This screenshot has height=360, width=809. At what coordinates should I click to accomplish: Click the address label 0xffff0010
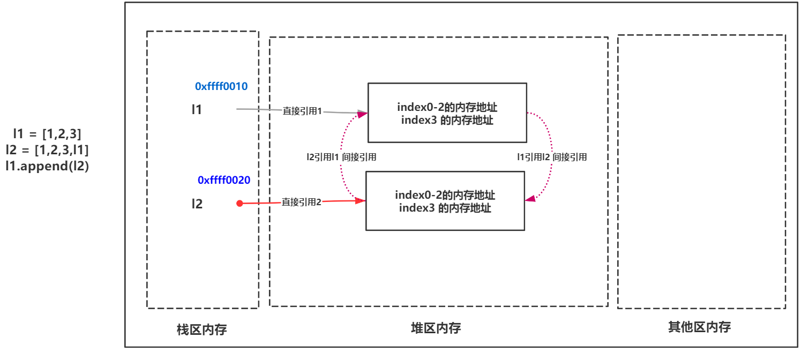pyautogui.click(x=221, y=86)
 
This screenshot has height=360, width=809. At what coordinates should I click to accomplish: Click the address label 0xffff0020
pyautogui.click(x=223, y=180)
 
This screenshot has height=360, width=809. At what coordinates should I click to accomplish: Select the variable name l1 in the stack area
pyautogui.click(x=197, y=109)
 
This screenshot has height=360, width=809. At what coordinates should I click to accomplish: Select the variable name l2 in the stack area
pyautogui.click(x=197, y=204)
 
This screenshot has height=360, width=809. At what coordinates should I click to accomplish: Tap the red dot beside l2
pyautogui.click(x=239, y=204)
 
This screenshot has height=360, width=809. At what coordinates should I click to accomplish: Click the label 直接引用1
pyautogui.click(x=302, y=111)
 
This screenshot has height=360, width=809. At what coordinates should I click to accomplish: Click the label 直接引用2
pyautogui.click(x=301, y=202)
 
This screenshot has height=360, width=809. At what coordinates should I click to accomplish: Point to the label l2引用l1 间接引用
pyautogui.click(x=341, y=157)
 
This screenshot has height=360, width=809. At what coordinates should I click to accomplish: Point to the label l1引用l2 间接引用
pyautogui.click(x=552, y=157)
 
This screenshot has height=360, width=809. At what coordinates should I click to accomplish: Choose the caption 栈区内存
pyautogui.click(x=201, y=329)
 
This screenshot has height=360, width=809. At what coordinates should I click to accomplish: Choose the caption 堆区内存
pyautogui.click(x=436, y=328)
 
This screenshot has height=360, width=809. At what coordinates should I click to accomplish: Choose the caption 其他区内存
pyautogui.click(x=700, y=327)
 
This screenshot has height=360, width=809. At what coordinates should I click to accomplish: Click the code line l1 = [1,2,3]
pyautogui.click(x=47, y=134)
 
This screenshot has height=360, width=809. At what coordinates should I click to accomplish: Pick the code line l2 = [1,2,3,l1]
pyautogui.click(x=47, y=150)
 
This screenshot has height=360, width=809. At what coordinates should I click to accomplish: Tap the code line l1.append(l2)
pyautogui.click(x=47, y=166)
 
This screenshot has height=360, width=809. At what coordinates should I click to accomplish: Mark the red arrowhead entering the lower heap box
pyautogui.click(x=360, y=201)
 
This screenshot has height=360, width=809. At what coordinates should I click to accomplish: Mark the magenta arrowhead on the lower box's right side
pyautogui.click(x=530, y=198)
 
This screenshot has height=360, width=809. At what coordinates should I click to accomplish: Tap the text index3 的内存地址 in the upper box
pyautogui.click(x=447, y=120)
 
